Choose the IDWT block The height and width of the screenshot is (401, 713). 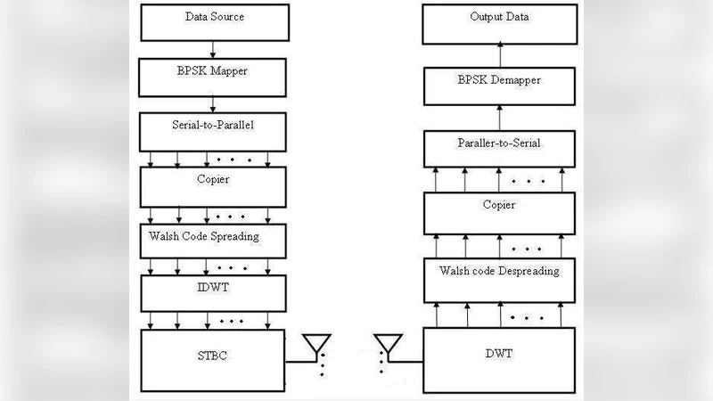(x=214, y=291)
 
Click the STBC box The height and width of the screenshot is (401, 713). (x=214, y=357)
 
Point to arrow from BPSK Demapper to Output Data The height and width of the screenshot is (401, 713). (x=500, y=54)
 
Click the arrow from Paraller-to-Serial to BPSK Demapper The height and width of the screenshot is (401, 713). (x=500, y=117)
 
